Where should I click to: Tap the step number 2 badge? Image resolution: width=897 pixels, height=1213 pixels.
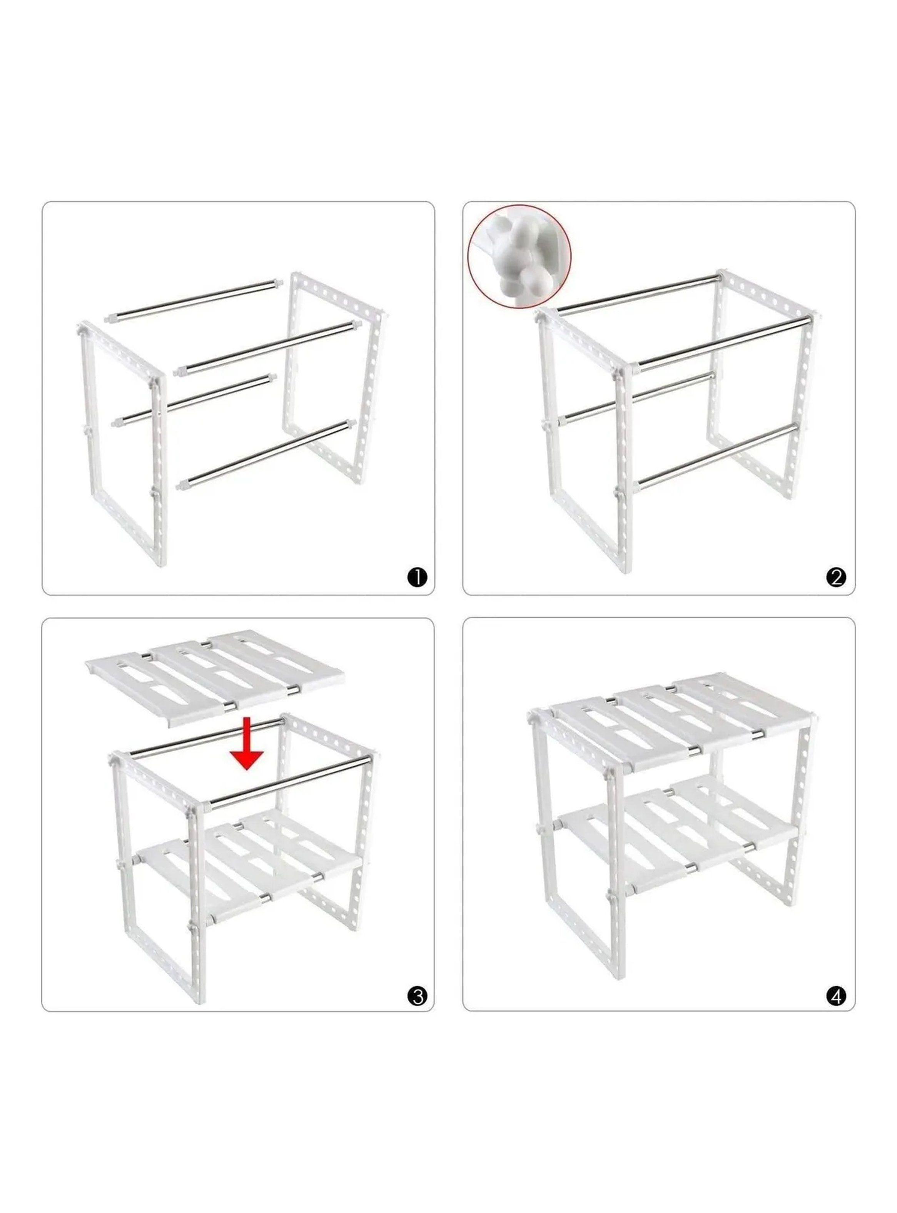point(836,578)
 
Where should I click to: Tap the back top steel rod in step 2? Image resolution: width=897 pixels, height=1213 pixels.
point(638,293)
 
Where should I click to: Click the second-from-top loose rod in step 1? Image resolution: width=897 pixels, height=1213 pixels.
point(266,348)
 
